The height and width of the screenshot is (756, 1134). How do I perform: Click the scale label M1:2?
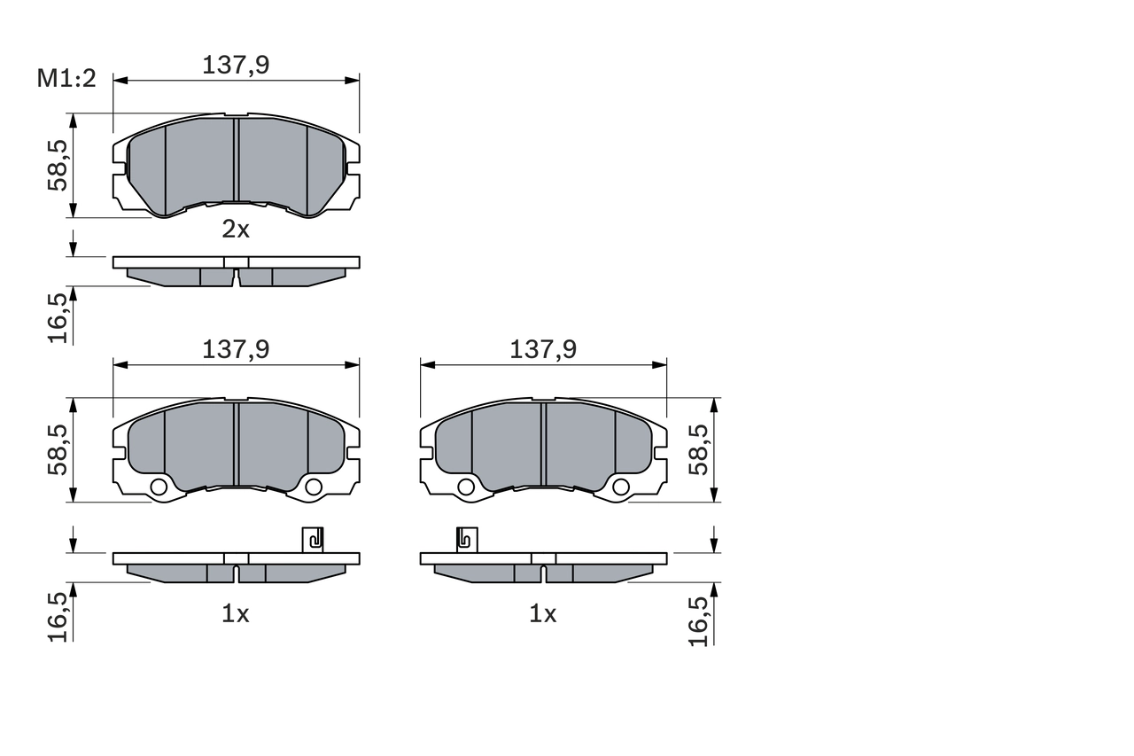point(66,79)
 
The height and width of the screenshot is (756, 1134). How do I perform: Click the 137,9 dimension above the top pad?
point(236,65)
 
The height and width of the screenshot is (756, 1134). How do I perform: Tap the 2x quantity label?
point(236,230)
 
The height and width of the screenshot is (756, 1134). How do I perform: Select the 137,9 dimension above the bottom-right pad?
point(543,349)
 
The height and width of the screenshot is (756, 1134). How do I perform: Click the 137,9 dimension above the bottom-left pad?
point(236,349)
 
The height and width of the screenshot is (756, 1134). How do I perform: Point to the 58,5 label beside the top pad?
point(58,165)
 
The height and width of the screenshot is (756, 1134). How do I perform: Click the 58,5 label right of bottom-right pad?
point(700,448)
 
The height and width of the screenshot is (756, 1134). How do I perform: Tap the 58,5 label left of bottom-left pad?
point(58,448)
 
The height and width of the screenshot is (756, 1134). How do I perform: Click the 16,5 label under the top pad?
point(58,317)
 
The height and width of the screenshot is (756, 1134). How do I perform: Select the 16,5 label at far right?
point(700,620)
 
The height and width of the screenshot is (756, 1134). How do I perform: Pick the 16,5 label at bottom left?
point(58,616)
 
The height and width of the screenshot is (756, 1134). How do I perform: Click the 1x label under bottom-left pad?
point(236,613)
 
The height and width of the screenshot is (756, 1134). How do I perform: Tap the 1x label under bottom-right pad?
point(543,613)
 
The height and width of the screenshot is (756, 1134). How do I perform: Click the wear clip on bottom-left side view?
point(313,539)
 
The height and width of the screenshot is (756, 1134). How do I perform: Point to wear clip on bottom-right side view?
point(467,539)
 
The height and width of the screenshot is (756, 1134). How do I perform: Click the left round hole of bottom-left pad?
point(159,487)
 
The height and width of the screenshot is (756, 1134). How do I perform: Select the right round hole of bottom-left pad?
point(313,487)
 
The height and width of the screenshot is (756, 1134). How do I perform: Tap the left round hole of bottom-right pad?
point(467,487)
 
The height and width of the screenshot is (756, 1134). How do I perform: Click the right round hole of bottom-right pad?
point(620,487)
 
